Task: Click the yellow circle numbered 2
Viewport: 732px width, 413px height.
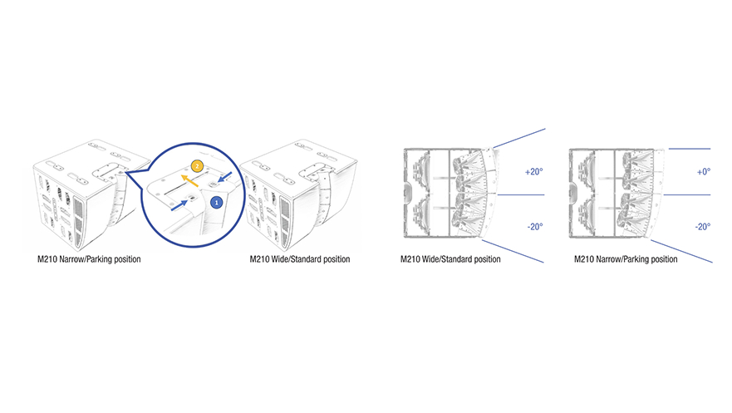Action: [198, 166]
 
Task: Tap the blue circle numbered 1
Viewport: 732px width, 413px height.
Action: [216, 203]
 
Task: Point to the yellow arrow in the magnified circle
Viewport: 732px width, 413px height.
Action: [190, 181]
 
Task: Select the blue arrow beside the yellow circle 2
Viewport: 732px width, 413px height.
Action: [224, 177]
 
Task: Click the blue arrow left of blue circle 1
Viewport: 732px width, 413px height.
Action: [179, 205]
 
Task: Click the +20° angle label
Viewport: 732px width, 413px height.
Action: [534, 172]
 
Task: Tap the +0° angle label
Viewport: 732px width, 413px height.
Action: [704, 172]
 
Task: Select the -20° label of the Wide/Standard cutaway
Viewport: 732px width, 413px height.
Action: [535, 227]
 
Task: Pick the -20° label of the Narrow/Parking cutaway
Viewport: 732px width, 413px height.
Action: [703, 227]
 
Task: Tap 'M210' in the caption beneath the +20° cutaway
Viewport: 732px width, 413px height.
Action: [410, 259]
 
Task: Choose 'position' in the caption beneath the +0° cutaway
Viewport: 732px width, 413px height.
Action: [664, 259]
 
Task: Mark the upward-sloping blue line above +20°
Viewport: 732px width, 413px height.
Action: [519, 138]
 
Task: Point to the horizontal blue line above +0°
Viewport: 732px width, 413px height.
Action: [690, 149]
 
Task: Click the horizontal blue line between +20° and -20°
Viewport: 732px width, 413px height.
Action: [521, 194]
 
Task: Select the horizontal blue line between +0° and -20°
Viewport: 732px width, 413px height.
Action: [687, 194]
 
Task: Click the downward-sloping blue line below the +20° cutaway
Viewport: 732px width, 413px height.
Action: [513, 252]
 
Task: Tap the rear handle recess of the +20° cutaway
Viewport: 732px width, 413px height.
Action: [408, 194]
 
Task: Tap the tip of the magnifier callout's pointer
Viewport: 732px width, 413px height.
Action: [126, 173]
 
